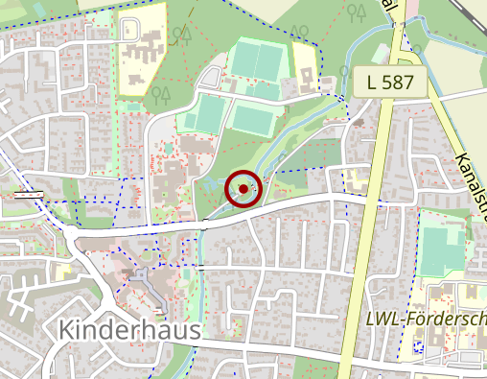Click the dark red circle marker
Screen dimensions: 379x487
click(243, 189)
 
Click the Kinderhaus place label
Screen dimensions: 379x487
click(129, 329)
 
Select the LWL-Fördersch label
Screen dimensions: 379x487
click(428, 319)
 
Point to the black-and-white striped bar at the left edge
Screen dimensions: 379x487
click(29, 194)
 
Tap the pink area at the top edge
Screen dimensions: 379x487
click(413, 8)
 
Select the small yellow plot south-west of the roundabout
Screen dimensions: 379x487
click(63, 272)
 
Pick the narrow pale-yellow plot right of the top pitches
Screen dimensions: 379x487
click(305, 62)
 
